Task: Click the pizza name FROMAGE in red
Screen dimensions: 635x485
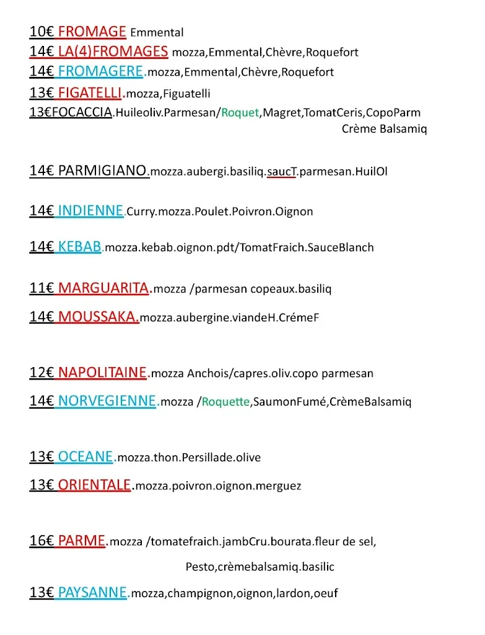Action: tap(92, 32)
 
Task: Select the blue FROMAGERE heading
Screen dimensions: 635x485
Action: tap(100, 71)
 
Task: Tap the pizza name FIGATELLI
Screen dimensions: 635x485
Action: tap(90, 93)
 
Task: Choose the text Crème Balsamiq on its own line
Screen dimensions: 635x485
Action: tap(384, 129)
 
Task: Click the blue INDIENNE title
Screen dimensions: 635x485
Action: tap(90, 211)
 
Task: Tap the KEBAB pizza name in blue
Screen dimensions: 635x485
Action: tap(79, 247)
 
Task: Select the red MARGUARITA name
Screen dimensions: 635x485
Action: tap(103, 288)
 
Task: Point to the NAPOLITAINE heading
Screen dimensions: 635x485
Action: tap(103, 373)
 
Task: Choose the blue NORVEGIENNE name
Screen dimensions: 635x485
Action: tap(107, 401)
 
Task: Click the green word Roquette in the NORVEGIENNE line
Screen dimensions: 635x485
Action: tap(226, 402)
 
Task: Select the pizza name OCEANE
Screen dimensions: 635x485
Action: tap(85, 457)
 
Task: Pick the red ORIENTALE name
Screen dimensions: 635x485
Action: tap(95, 485)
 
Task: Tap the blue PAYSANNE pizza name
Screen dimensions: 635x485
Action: tap(92, 593)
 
